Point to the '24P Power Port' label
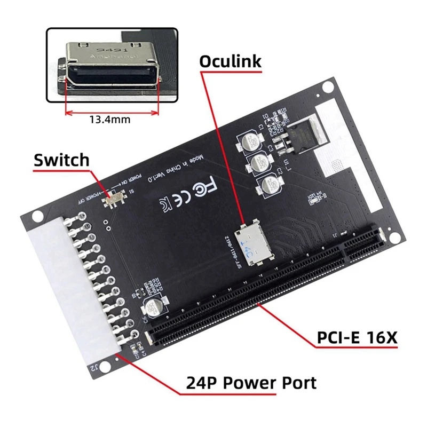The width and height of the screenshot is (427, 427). [251, 382]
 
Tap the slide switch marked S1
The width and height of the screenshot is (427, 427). [114, 201]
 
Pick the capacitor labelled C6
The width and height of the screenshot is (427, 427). [152, 309]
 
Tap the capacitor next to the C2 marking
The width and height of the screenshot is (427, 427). [265, 187]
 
